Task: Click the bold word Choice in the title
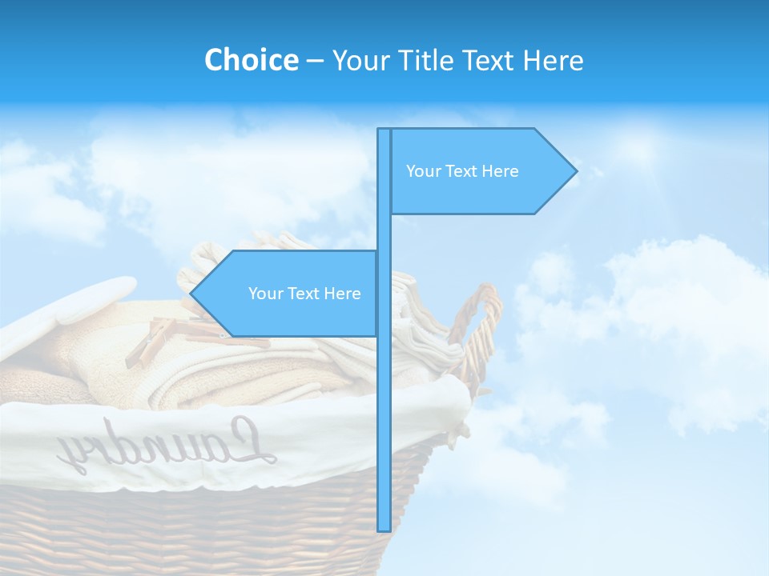251,60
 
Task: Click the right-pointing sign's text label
462,171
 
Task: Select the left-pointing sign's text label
304,294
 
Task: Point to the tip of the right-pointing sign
575,170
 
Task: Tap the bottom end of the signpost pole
384,528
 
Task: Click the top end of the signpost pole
384,131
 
